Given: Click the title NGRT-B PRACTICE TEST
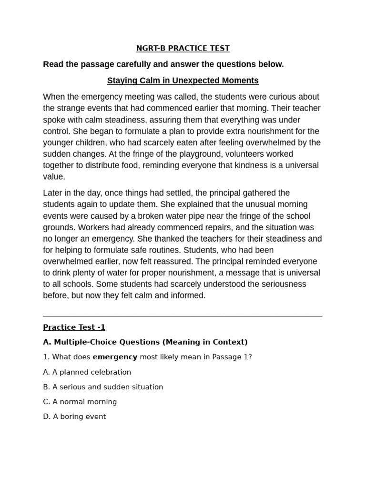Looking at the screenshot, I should pos(183,48).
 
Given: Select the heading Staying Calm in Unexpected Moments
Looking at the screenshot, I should pos(183,81).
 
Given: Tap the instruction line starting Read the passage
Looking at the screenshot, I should pos(163,64).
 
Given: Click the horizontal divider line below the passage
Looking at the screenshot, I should pos(183,316).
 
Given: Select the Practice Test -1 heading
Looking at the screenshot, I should pos(74,327).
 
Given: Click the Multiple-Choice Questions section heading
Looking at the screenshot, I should pos(145,342).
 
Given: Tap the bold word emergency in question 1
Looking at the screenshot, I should pos(115,357).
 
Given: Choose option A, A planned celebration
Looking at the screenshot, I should pos(87,372).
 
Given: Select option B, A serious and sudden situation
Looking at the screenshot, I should pos(103,387).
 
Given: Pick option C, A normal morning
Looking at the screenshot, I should pos(80,402).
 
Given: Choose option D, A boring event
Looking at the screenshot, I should pos(74,417).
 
